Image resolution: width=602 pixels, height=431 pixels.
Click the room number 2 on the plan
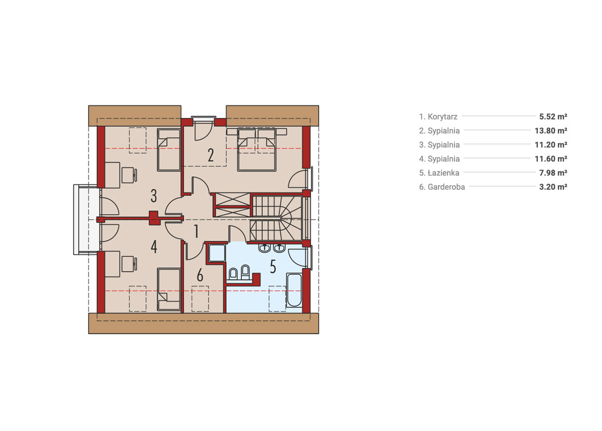(x=211, y=155)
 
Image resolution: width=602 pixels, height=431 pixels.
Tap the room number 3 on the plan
(x=154, y=196)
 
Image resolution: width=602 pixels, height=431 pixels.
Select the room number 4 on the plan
(x=154, y=247)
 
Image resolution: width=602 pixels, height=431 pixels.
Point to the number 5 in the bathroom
(x=273, y=267)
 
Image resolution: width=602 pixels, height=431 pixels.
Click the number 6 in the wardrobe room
(x=200, y=275)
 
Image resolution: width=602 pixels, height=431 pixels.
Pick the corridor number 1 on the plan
(x=197, y=231)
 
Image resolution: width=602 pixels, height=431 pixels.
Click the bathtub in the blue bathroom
(x=294, y=290)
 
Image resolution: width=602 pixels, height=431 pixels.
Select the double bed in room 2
(x=257, y=150)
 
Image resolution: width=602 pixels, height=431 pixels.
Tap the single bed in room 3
(x=169, y=150)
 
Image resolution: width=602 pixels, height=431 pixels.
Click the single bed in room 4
(x=169, y=290)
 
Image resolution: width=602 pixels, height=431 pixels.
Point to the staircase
(x=276, y=218)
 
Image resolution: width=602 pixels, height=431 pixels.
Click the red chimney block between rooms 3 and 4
(x=155, y=218)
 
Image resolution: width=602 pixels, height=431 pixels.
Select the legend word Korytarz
(x=442, y=117)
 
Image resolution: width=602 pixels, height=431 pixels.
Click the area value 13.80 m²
(x=551, y=130)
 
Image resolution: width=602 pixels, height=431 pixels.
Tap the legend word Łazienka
(x=443, y=173)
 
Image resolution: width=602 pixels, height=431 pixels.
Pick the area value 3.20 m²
(x=553, y=187)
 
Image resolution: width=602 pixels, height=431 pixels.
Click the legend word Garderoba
(x=446, y=187)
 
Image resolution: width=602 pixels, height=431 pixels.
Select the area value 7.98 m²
(x=553, y=173)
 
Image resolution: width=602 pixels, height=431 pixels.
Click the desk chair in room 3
(x=129, y=175)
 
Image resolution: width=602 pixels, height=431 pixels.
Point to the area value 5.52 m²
(x=553, y=117)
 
